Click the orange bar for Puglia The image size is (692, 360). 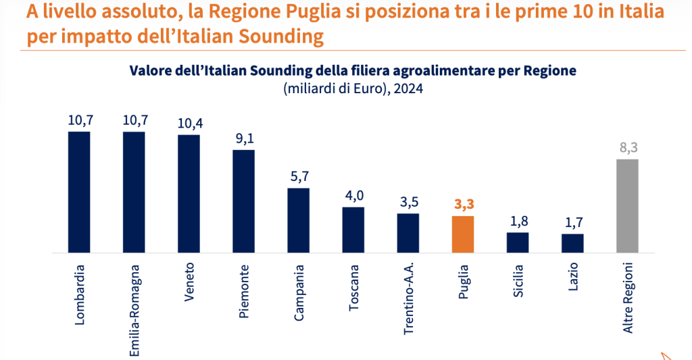click(x=463, y=234)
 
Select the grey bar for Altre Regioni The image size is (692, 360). click(x=628, y=205)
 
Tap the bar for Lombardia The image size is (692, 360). click(x=79, y=192)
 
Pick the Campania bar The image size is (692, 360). click(x=298, y=220)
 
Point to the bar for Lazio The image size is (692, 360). click(x=572, y=243)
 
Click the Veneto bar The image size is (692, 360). click(x=189, y=194)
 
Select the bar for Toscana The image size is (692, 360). click(x=353, y=230)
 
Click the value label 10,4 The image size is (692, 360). click(x=189, y=124)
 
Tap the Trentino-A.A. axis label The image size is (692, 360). click(x=408, y=299)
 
